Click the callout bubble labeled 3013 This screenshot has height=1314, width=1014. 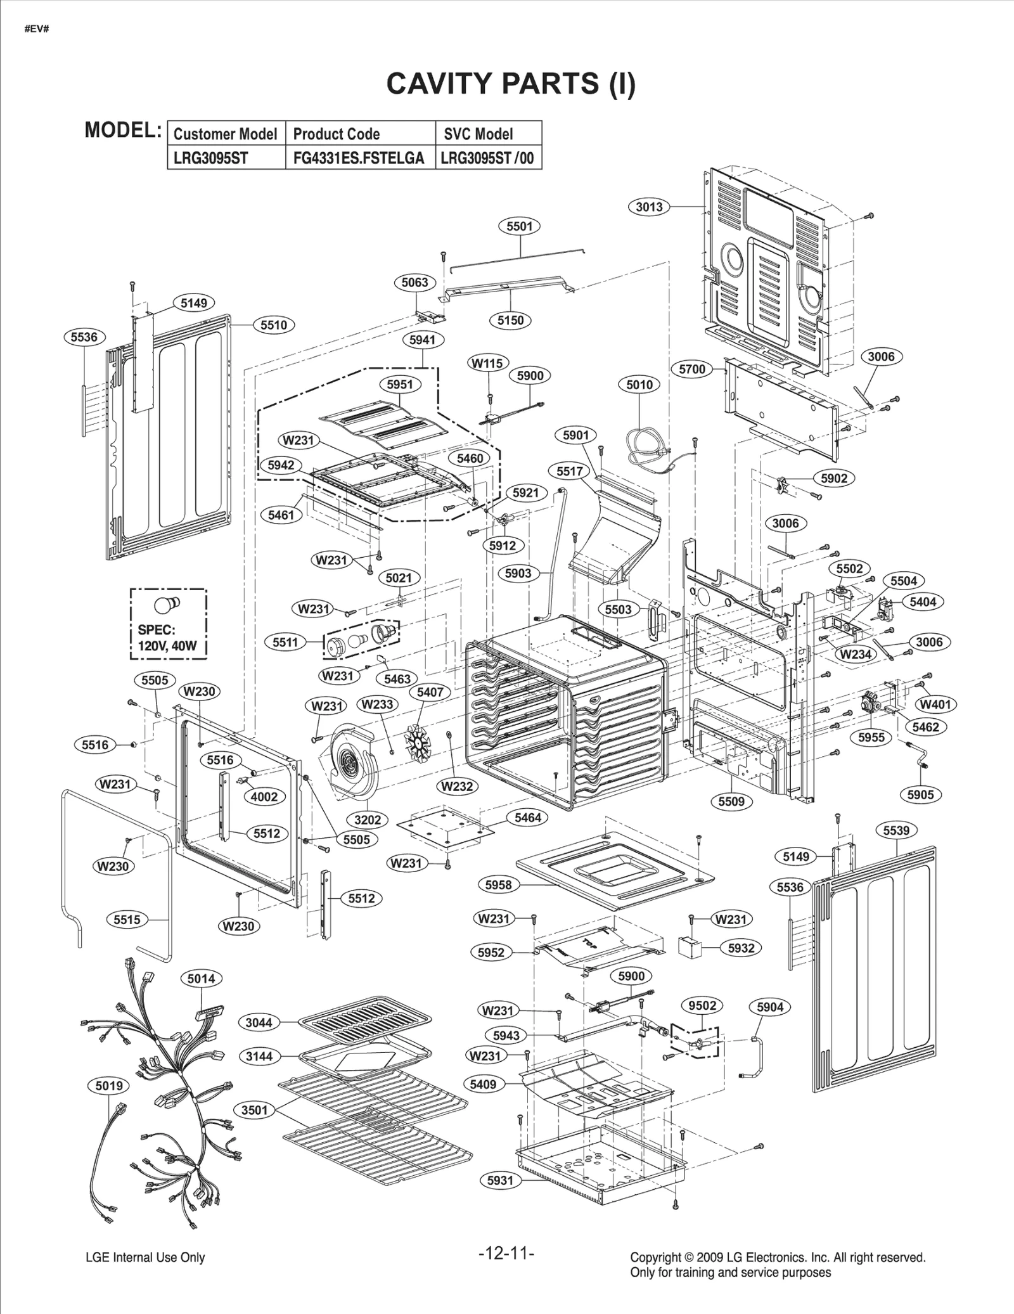tap(649, 207)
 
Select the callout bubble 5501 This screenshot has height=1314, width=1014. tap(519, 226)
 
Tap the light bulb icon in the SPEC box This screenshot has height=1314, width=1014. tap(168, 602)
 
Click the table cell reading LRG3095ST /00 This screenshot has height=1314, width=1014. tap(487, 158)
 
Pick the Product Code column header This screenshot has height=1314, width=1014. tap(337, 134)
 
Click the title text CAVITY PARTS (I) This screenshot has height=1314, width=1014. tap(510, 83)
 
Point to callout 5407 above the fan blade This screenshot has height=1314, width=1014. tap(430, 692)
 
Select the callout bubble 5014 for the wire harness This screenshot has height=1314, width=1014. tap(201, 978)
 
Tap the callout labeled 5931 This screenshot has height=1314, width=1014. tap(501, 1180)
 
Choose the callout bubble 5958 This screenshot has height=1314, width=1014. tap(498, 884)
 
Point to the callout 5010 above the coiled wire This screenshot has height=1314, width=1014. tap(639, 385)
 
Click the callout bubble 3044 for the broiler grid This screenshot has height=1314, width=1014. tap(259, 1022)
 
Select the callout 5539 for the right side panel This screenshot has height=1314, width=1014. tap(896, 830)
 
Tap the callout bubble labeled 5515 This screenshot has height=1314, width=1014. tap(127, 919)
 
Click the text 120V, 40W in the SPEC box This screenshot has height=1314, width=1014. tap(167, 647)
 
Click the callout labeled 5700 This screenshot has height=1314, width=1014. tap(692, 369)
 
